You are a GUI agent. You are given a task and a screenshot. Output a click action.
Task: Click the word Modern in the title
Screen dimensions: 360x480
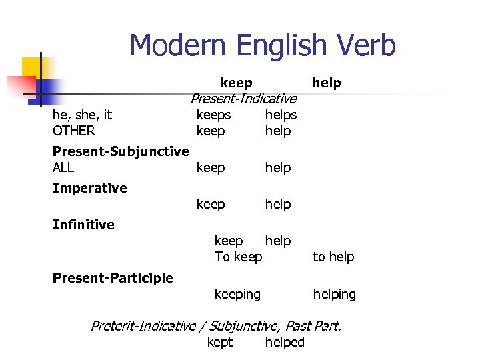(x=174, y=45)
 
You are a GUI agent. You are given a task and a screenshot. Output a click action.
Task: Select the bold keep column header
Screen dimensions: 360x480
(x=236, y=83)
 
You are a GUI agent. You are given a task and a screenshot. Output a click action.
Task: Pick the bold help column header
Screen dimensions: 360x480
(x=327, y=83)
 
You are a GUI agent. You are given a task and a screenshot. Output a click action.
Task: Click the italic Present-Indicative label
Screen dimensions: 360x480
(x=243, y=99)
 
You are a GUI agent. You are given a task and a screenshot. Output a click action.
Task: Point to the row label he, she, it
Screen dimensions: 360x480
(x=82, y=115)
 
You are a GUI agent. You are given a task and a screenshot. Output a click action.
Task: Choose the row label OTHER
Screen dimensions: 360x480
(x=73, y=131)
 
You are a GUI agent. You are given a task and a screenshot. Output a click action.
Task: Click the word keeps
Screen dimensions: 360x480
(x=213, y=115)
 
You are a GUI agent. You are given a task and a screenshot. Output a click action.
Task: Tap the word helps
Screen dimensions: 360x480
(x=281, y=115)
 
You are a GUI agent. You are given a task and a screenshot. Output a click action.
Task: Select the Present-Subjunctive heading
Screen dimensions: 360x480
(x=121, y=151)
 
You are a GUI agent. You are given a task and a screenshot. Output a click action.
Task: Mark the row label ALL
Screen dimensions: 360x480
(x=63, y=167)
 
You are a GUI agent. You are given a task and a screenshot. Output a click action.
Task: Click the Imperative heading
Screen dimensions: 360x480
(x=89, y=188)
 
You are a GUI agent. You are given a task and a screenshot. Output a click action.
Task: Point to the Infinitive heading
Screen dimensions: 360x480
(x=83, y=225)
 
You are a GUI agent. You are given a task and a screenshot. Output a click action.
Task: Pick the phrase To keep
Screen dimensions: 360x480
(x=238, y=257)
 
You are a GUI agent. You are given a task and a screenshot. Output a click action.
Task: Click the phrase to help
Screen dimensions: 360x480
(x=333, y=257)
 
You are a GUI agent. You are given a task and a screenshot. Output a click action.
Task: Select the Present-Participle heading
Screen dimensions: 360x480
(x=113, y=278)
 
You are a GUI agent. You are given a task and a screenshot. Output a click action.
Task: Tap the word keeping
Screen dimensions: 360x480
(x=237, y=294)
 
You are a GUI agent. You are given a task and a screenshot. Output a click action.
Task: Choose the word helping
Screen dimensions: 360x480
(x=335, y=294)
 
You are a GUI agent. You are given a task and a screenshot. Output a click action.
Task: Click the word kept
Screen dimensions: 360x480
(x=220, y=342)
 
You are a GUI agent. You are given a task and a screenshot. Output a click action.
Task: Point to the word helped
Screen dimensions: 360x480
(x=285, y=342)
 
